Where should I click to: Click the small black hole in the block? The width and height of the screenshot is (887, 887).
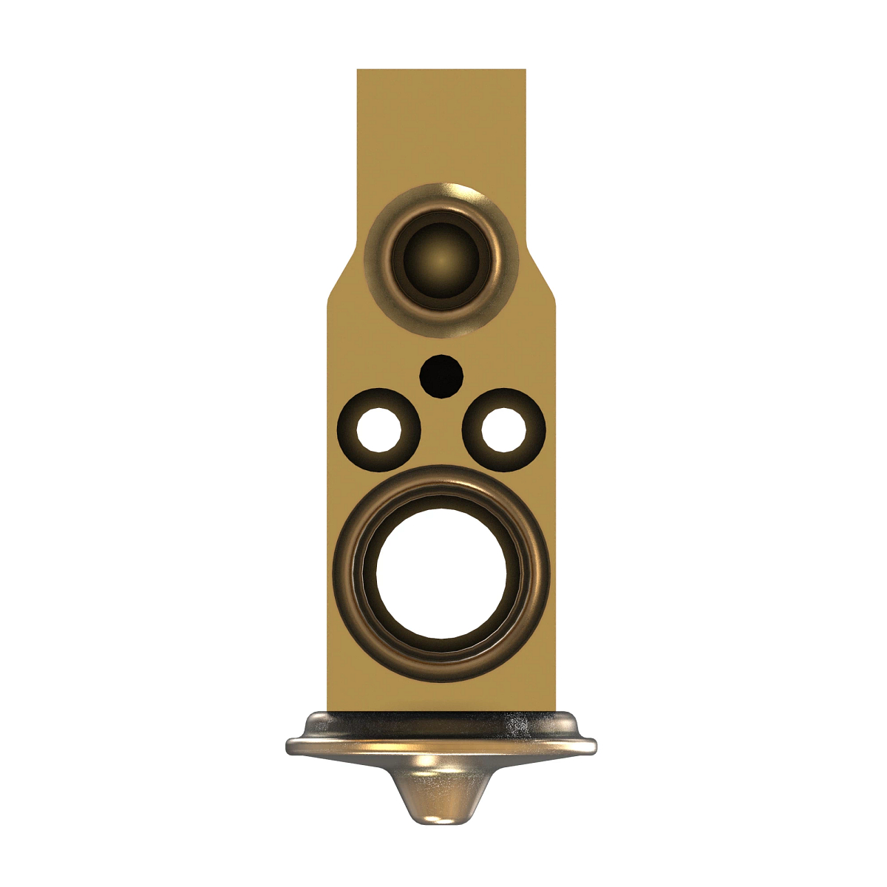441,375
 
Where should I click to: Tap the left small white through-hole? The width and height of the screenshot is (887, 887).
379,429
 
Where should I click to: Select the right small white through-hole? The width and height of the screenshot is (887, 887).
504,429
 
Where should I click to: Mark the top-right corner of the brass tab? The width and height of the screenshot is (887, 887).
525,71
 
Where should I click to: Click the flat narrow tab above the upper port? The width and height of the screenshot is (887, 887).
441,126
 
